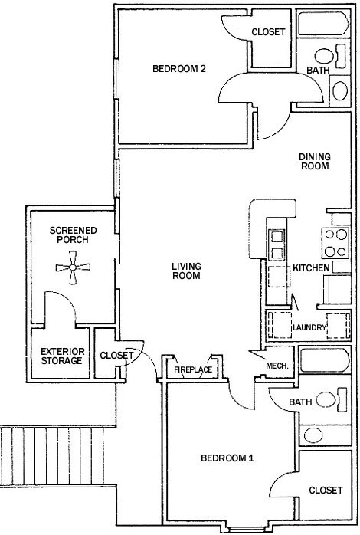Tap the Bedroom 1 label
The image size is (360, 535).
(x=227, y=458)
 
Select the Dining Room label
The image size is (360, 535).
(x=314, y=161)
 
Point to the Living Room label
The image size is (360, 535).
(x=185, y=271)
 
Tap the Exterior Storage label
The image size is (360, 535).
(x=61, y=356)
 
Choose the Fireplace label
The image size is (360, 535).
(x=192, y=370)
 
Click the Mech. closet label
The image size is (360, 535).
(x=277, y=366)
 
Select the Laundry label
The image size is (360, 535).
(x=309, y=329)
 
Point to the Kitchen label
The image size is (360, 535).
(x=311, y=268)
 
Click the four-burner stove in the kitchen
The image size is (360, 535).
(x=335, y=243)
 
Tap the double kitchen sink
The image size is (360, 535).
(x=277, y=243)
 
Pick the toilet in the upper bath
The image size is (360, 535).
(x=325, y=57)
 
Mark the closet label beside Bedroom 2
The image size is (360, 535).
(x=268, y=32)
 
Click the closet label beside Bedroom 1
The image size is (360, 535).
(x=326, y=490)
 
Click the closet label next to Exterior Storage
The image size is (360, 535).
(x=117, y=355)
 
